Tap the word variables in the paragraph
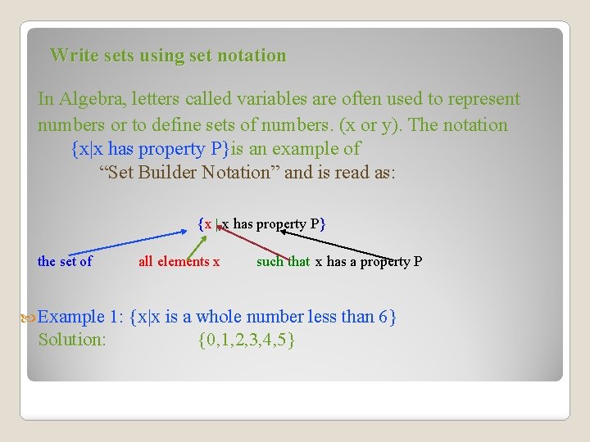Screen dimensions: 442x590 [x=270, y=99]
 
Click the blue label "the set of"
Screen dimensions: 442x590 [x=65, y=262]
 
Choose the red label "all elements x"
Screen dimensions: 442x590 [x=179, y=262]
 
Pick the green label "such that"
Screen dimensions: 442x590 [x=283, y=262]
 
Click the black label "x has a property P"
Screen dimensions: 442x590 [x=369, y=262]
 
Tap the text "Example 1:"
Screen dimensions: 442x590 [x=82, y=317]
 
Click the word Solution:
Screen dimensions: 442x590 [x=72, y=340]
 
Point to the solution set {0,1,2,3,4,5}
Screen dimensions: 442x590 [x=247, y=340]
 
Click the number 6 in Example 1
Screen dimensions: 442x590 [x=383, y=317]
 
